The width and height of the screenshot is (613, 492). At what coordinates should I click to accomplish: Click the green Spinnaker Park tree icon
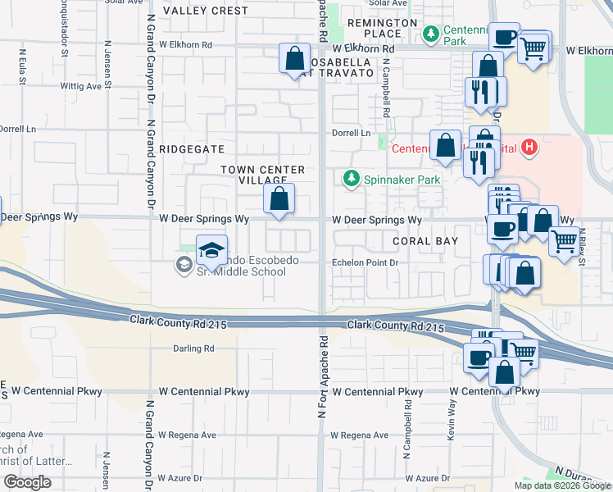pos(351,179)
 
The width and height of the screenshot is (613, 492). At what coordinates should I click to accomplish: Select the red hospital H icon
pos(530,148)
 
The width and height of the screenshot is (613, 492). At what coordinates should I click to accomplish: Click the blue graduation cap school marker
pos(211,249)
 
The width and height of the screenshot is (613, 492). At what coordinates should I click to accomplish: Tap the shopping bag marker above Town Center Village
pos(279,198)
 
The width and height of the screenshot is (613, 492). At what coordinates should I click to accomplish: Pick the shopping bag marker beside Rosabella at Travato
pos(294,59)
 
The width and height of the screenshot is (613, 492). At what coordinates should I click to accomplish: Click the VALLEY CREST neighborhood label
pos(205,11)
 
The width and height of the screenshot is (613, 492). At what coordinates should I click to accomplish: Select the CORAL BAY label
pos(424,242)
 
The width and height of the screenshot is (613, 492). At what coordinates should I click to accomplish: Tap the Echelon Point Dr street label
pos(364,263)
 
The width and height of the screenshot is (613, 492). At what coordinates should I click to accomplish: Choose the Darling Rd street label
pos(193,348)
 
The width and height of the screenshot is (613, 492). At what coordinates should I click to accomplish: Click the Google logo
pos(27,482)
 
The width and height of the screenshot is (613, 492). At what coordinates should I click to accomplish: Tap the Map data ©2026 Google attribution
pos(561,485)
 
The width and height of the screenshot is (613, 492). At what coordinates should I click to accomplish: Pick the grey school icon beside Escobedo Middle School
pos(181,264)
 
